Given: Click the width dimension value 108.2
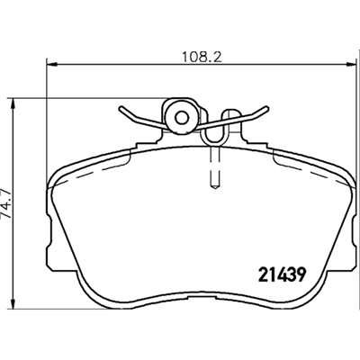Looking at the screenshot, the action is tap(202, 57).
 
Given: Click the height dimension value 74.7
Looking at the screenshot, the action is tap(6, 204).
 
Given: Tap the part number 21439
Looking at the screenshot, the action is tap(282, 274).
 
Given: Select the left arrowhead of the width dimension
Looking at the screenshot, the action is tap(52, 64).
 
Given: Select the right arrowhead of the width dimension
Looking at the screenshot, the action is tap(350, 64).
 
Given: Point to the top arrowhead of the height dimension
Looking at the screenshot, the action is tap(13, 104).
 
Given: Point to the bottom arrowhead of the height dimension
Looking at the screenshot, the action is tap(13, 303).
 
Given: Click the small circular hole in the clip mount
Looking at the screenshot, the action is tap(182, 118).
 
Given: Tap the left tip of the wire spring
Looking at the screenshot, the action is tap(121, 109).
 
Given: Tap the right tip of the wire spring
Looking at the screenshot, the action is tap(265, 108).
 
